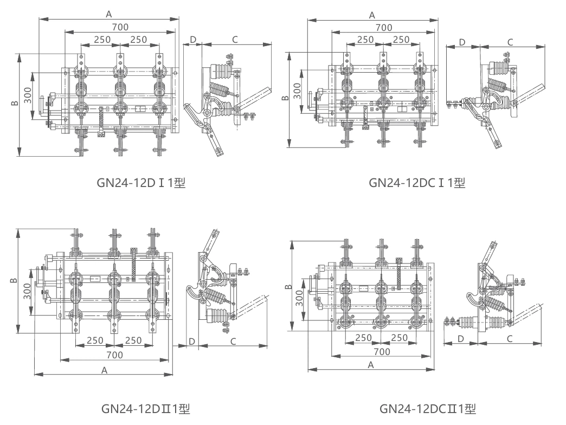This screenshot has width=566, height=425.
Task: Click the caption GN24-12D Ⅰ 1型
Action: coord(141,183)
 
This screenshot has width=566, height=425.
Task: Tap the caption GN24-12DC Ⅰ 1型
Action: coord(417,183)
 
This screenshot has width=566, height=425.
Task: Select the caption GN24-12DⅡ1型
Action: coord(145,408)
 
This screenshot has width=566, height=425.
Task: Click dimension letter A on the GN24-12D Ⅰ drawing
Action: coord(109,15)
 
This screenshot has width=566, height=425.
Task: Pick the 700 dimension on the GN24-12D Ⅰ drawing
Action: coord(120,27)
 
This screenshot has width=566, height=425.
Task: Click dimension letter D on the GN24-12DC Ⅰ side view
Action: coord(462,42)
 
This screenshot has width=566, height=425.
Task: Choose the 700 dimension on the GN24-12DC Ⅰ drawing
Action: coord(384,27)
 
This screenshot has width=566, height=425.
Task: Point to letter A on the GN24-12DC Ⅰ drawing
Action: coord(372,15)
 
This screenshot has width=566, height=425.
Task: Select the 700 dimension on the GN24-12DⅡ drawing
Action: coord(114,355)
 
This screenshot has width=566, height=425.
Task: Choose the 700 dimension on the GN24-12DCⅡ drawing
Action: coord(382,352)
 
